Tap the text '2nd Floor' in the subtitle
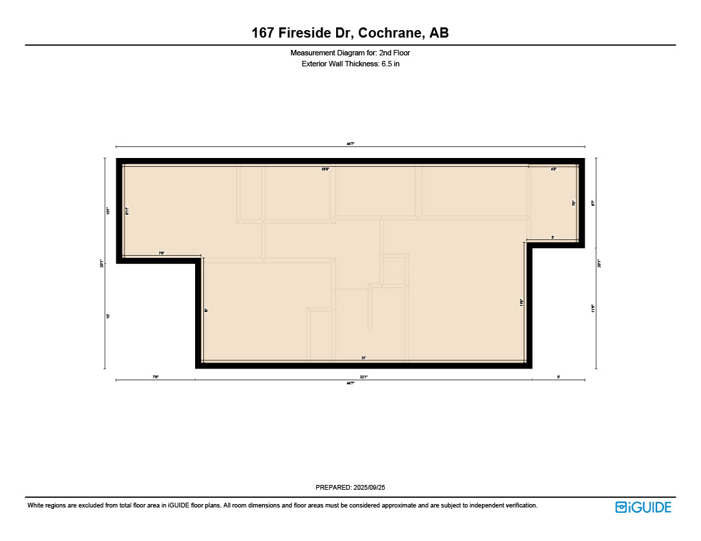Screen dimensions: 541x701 point(394,53)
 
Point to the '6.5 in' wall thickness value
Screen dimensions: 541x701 point(390,64)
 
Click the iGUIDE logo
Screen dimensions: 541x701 point(643,507)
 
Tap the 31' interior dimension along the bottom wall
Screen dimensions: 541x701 point(364,358)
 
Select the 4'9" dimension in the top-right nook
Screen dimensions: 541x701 point(554,168)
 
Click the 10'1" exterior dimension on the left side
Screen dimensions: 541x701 point(107,211)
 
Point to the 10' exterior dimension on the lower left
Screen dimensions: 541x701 point(107,316)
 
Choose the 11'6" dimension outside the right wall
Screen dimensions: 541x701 point(593,308)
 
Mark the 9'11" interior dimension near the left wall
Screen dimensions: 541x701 point(127,211)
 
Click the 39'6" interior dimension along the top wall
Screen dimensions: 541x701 point(326,168)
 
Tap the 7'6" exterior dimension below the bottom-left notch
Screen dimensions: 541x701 point(155,376)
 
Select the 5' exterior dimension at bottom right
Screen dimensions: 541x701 point(559,376)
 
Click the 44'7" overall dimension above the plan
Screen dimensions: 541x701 point(350,144)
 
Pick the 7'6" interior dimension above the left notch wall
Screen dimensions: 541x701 point(162,254)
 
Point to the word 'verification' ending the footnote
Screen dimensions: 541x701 point(518,505)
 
